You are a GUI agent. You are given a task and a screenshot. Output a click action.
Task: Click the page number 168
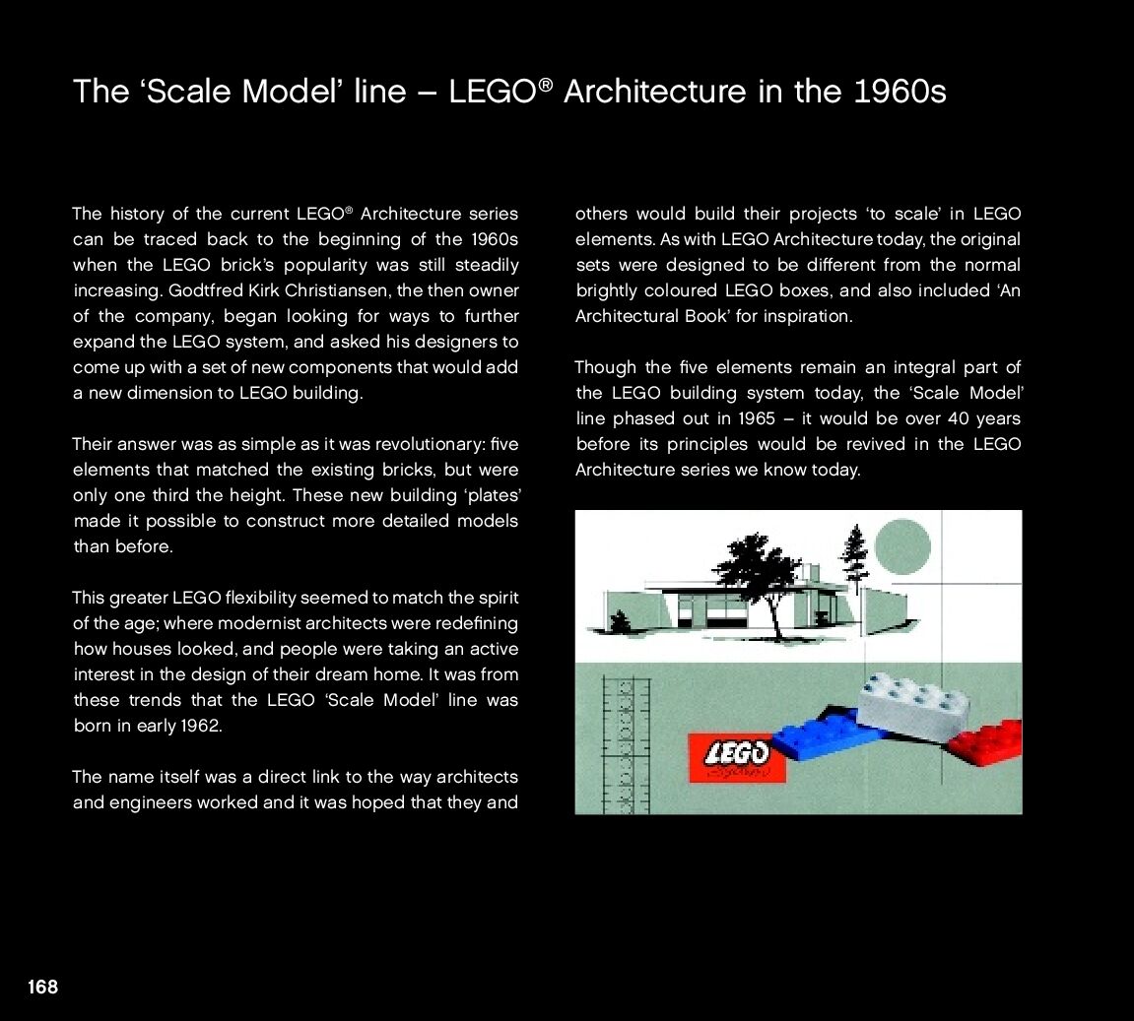click(42, 987)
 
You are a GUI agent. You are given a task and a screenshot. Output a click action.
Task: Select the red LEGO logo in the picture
click(736, 756)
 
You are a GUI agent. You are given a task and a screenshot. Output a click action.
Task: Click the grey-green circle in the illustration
click(902, 547)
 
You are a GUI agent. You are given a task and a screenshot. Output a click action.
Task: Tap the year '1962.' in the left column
click(200, 726)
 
